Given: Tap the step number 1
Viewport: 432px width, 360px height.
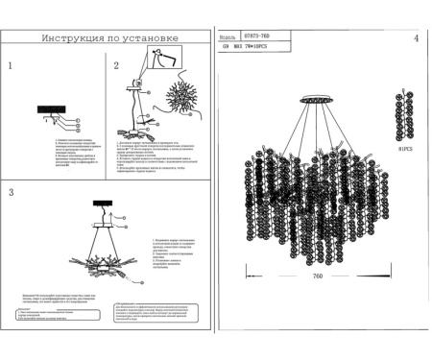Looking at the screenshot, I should pos(10,67).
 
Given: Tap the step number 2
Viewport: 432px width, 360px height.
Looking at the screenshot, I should pos(117,67).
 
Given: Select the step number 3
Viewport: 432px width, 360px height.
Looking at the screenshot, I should pos(10,193).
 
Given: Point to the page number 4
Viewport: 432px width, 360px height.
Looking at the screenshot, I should pos(416,38).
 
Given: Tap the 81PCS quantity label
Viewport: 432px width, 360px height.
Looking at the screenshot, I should pos(404,150).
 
